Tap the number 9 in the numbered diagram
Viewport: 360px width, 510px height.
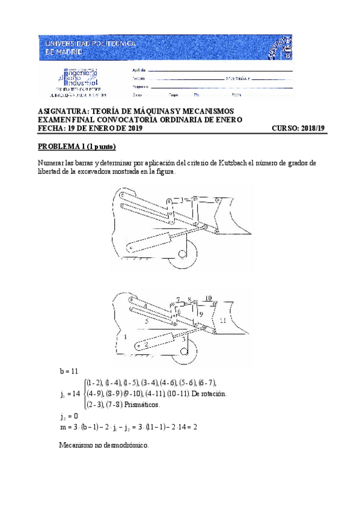(x=201, y=314)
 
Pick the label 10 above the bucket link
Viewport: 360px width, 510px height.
(x=208, y=298)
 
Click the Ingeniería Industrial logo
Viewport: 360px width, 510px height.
(x=78, y=81)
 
